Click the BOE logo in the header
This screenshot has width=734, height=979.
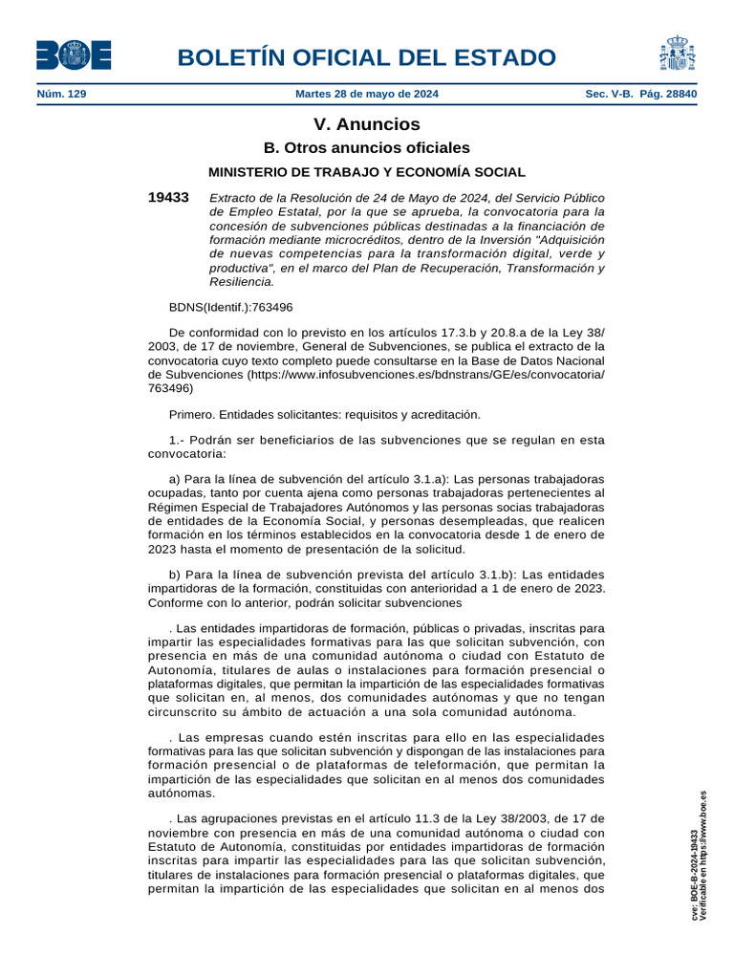pyautogui.click(x=74, y=54)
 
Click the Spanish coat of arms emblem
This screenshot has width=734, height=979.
pyautogui.click(x=677, y=54)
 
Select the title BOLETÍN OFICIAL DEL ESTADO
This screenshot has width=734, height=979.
pyautogui.click(x=373, y=57)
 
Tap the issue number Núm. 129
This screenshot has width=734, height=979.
pyautogui.click(x=61, y=95)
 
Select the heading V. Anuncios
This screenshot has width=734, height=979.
pyautogui.click(x=367, y=124)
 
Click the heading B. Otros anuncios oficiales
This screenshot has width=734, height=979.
pyautogui.click(x=367, y=148)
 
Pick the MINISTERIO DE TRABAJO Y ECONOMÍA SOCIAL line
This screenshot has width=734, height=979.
pyautogui.click(x=367, y=172)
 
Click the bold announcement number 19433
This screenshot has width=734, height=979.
pyautogui.click(x=168, y=197)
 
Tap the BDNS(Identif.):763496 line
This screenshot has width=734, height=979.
pyautogui.click(x=230, y=308)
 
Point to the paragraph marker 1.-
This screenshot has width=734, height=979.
pyautogui.click(x=178, y=440)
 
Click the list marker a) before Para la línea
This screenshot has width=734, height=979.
pyautogui.click(x=175, y=478)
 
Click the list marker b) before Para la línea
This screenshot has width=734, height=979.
pyautogui.click(x=175, y=575)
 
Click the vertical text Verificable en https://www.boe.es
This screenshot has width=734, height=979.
pyautogui.click(x=704, y=857)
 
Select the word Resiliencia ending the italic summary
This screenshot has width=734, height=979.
pyautogui.click(x=241, y=282)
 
